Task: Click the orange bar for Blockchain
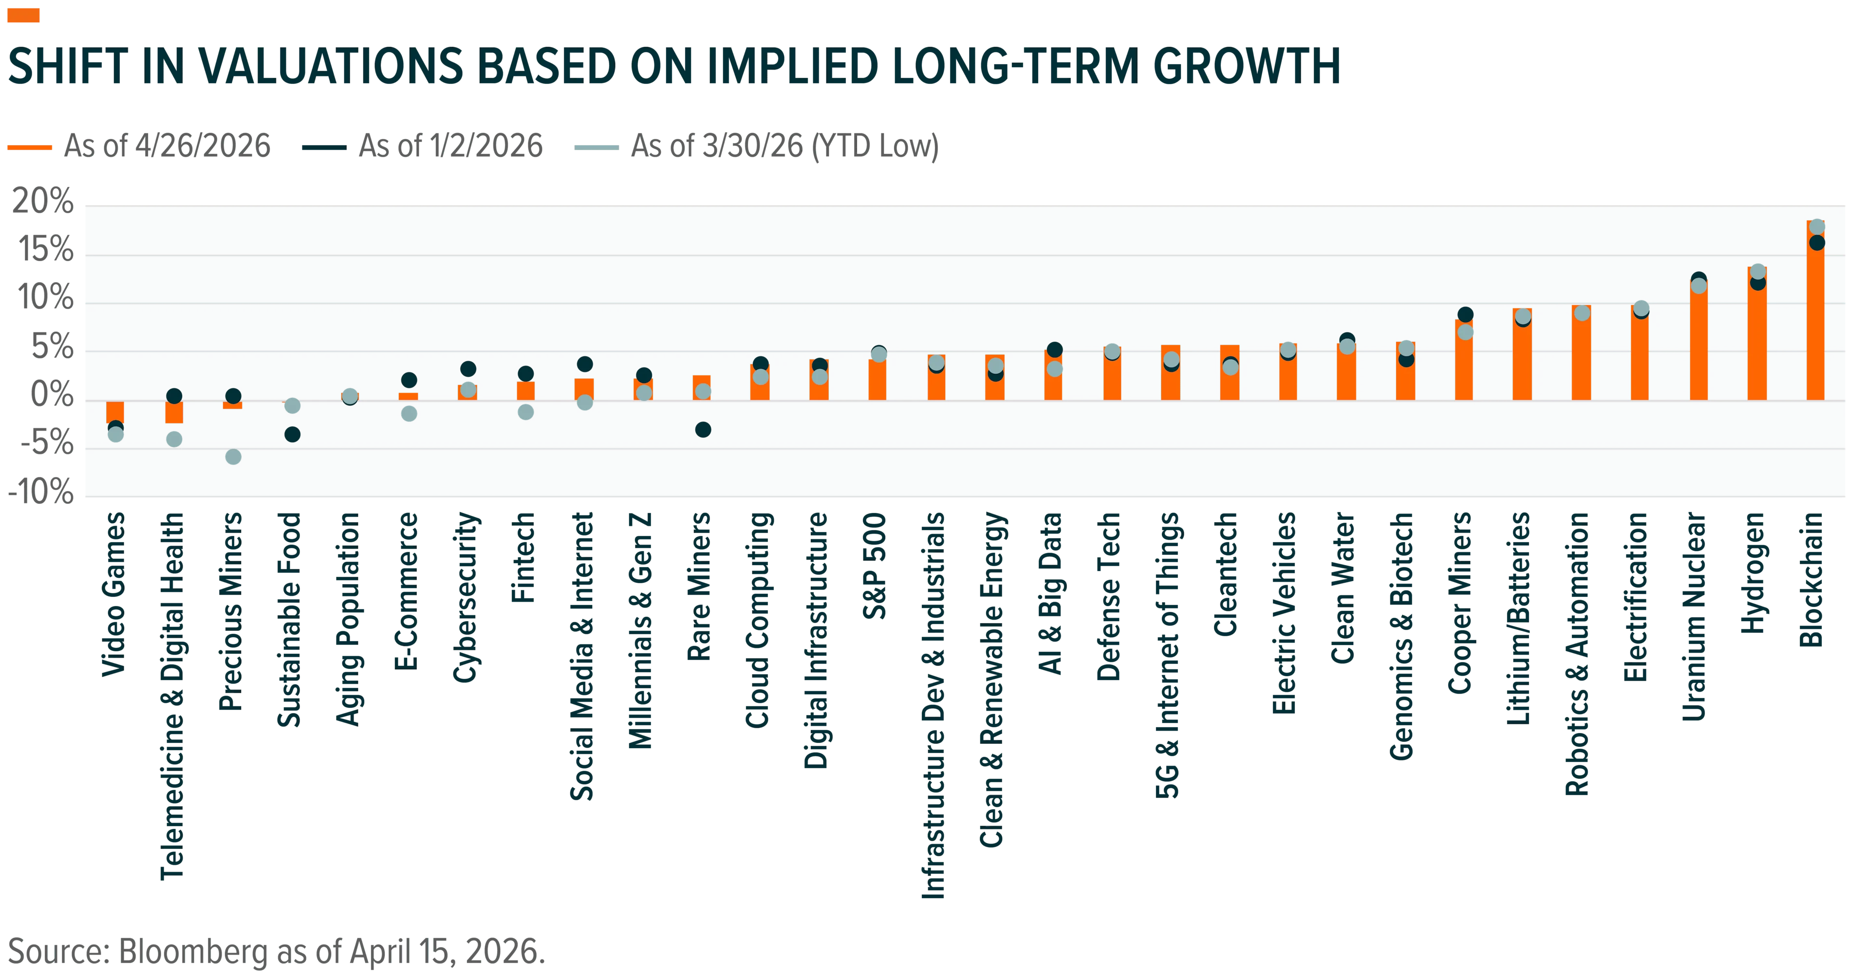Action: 1815,311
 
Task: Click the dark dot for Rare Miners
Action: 703,429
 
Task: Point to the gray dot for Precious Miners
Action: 233,456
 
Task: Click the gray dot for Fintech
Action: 525,412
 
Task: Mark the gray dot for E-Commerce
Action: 409,413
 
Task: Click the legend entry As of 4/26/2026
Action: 139,147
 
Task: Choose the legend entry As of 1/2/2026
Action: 423,147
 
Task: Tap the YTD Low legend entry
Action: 756,147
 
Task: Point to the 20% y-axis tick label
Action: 43,201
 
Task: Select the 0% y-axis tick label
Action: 52,395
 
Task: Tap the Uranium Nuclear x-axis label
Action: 1694,617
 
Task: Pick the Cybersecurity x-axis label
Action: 466,598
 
